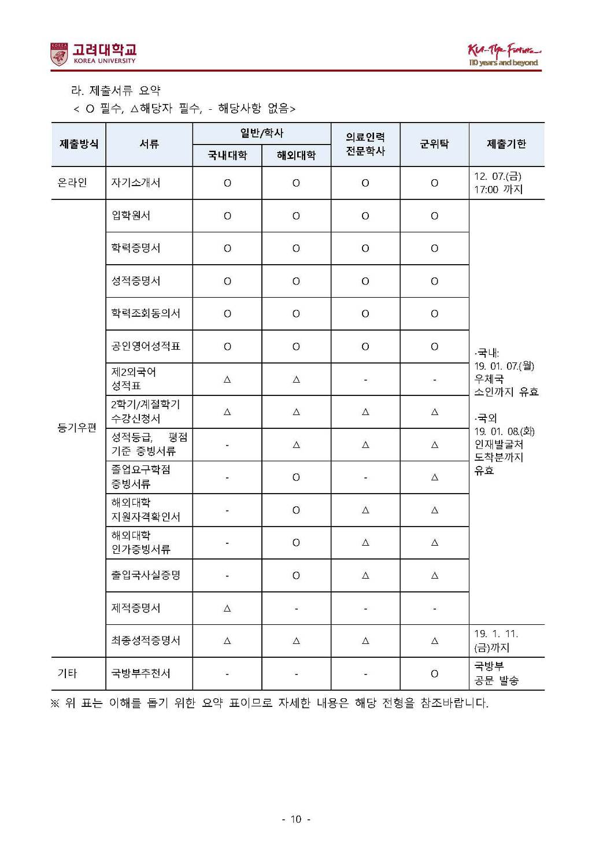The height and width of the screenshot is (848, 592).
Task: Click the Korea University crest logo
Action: click(59, 54)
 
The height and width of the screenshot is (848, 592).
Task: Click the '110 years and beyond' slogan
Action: click(503, 62)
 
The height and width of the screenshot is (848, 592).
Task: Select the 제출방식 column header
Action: click(79, 144)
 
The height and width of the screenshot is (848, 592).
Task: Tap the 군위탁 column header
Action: click(434, 144)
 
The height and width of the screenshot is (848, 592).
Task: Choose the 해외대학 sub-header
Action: click(296, 155)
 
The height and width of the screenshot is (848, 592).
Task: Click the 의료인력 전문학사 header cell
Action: click(365, 144)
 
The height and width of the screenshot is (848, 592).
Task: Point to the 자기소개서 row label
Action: click(136, 183)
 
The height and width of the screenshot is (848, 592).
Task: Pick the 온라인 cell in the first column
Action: click(72, 183)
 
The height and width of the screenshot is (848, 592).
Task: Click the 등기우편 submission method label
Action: click(76, 428)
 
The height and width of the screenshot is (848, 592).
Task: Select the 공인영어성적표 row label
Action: click(146, 346)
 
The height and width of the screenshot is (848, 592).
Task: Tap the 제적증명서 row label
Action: click(136, 608)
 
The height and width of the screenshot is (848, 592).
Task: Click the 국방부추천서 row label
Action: click(140, 673)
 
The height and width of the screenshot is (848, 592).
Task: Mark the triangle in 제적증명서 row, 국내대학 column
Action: click(227, 608)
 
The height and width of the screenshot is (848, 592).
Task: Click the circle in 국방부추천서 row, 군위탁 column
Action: click(434, 673)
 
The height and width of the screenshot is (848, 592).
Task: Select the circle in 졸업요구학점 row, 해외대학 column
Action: click(296, 477)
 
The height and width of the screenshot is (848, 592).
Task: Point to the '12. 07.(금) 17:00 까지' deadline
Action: click(498, 183)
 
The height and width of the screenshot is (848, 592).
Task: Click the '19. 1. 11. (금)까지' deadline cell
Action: click(495, 640)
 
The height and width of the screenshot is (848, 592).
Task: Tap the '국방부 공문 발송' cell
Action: click(496, 673)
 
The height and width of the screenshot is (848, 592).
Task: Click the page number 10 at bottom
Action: click(296, 819)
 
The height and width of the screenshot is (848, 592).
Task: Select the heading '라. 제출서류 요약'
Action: click(116, 91)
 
